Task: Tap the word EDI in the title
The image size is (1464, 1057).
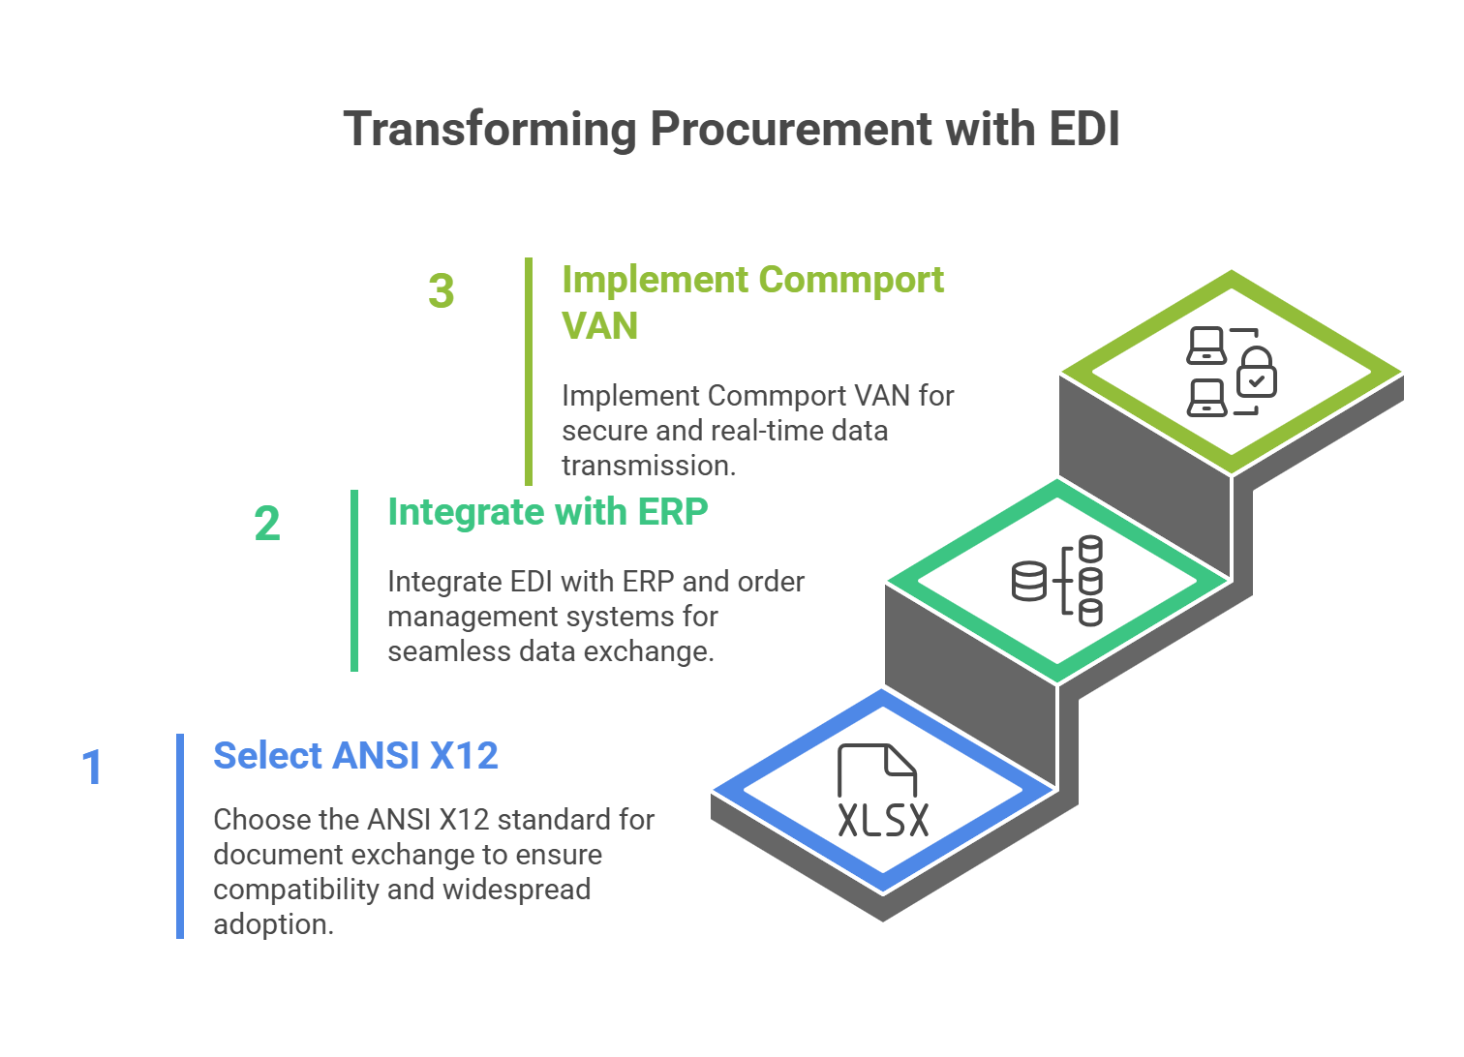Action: (x=1083, y=130)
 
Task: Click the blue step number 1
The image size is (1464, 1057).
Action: (x=92, y=768)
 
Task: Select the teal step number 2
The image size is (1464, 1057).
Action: (x=267, y=524)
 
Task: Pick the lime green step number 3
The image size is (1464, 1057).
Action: (x=442, y=291)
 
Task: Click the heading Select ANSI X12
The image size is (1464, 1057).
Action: (x=355, y=756)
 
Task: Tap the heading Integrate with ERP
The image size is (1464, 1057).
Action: (x=547, y=512)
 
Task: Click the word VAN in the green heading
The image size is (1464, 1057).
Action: (x=600, y=326)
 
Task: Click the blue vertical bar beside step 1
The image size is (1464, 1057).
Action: (x=180, y=835)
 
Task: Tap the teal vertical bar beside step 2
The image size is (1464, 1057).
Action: (x=354, y=581)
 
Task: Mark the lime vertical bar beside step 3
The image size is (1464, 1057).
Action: (x=529, y=372)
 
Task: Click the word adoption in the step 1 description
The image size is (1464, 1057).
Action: (x=272, y=924)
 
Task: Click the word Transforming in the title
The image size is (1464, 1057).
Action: (x=490, y=130)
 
